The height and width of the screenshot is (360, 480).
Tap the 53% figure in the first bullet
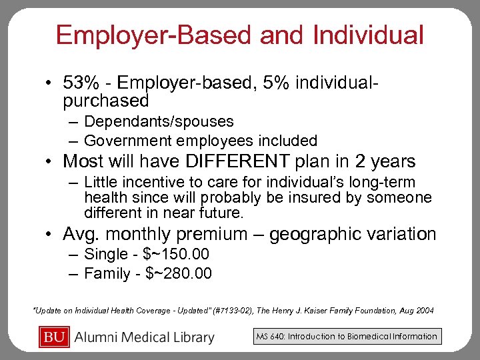(77, 84)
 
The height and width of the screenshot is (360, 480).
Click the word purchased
(105, 101)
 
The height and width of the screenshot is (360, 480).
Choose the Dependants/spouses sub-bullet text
(159, 121)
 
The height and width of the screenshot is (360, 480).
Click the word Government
(127, 141)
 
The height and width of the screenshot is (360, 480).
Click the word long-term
(383, 182)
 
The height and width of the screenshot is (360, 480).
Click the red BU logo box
(55, 337)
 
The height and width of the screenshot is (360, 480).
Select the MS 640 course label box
(347, 337)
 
